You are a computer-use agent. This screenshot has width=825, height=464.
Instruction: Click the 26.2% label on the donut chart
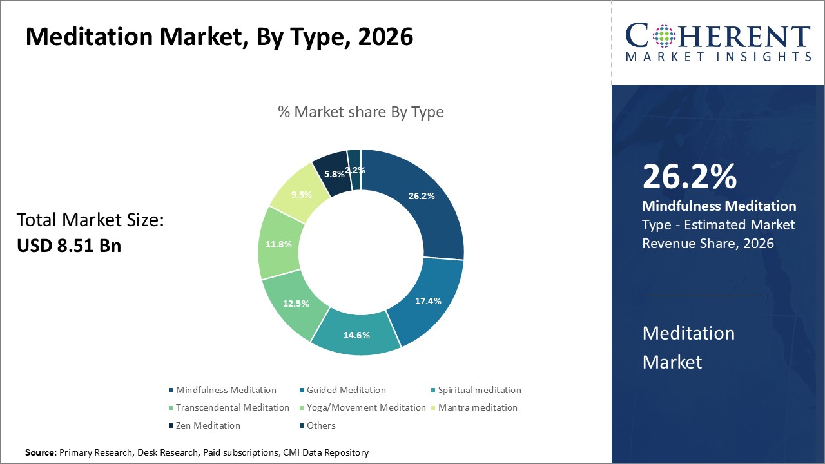click(422, 196)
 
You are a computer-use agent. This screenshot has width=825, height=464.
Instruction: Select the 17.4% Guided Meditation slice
click(428, 301)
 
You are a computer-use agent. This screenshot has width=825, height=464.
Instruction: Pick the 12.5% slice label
click(296, 303)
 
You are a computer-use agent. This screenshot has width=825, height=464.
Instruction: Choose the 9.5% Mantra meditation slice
click(301, 195)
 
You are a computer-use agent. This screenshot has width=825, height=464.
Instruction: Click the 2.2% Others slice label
click(355, 170)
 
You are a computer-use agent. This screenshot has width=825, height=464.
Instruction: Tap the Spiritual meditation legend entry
click(479, 390)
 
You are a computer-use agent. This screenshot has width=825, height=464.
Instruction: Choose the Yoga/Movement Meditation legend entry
click(365, 407)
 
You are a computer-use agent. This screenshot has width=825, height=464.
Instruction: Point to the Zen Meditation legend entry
click(208, 425)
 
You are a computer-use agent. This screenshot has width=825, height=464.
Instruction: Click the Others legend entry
click(320, 425)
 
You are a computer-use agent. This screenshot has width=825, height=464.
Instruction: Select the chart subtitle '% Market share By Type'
click(361, 112)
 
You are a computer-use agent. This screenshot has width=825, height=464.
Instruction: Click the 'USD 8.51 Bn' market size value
click(69, 245)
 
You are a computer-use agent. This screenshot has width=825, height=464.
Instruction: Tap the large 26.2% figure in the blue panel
click(689, 177)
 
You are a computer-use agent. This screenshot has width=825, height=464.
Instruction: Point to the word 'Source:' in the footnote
click(41, 453)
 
